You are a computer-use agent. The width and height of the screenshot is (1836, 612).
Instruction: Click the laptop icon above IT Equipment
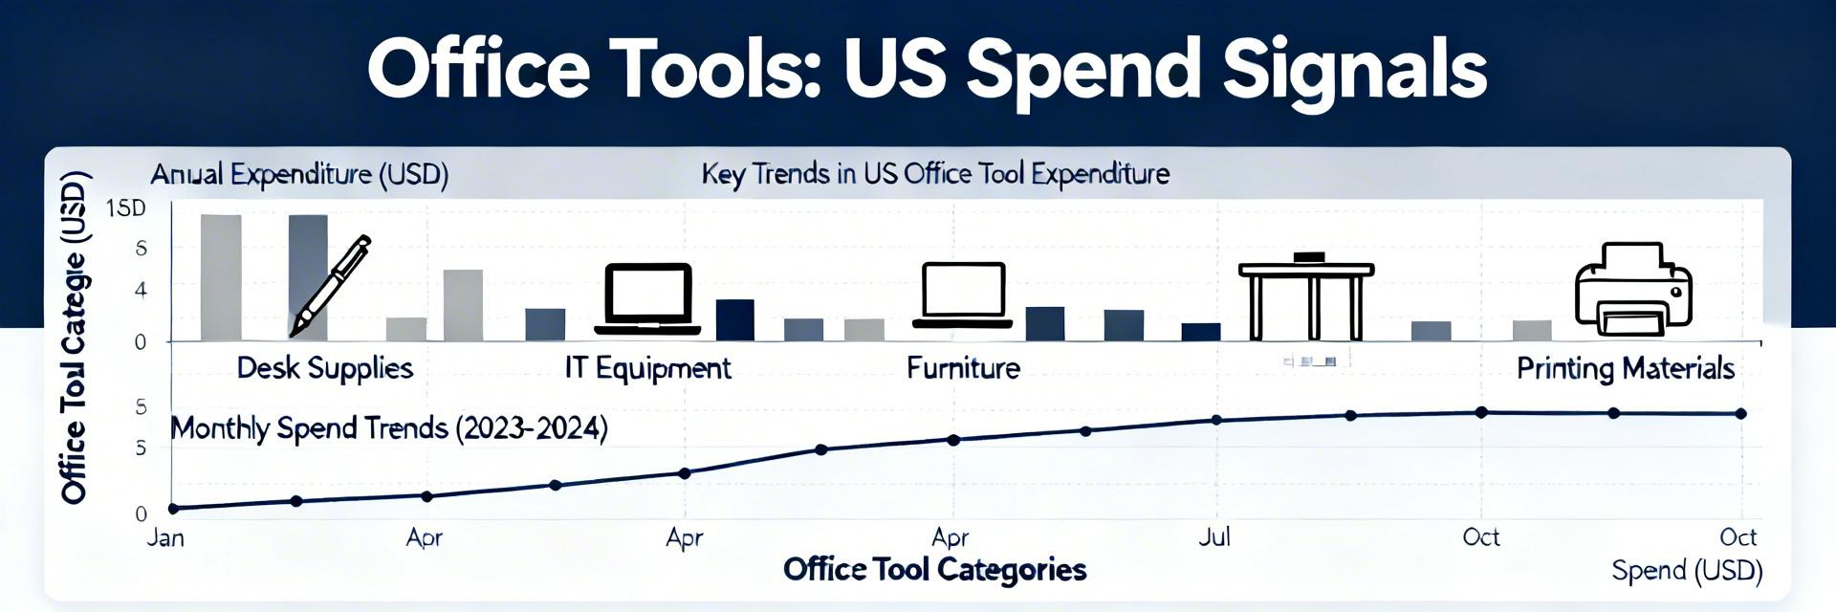(x=647, y=298)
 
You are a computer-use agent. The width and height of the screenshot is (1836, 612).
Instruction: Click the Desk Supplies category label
(x=324, y=368)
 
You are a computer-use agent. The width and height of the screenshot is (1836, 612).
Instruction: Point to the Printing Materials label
(x=1625, y=368)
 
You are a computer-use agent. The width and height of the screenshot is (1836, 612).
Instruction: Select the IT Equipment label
(x=647, y=368)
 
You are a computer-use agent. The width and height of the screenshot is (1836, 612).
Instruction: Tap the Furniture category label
(x=963, y=368)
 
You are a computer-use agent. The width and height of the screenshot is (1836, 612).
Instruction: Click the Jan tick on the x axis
(x=165, y=537)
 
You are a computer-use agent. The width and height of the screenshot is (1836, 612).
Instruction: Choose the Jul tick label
(x=1214, y=536)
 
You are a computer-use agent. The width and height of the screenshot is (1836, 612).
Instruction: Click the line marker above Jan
(x=173, y=509)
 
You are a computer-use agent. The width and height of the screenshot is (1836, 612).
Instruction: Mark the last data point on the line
(x=1741, y=414)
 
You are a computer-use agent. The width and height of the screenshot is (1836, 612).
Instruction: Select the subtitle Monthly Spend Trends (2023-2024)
(x=388, y=427)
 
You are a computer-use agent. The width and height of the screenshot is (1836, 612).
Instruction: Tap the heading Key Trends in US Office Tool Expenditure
(x=935, y=174)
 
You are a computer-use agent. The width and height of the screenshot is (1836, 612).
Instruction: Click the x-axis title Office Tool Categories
(x=934, y=570)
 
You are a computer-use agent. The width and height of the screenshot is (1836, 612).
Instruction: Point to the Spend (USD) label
(x=1687, y=571)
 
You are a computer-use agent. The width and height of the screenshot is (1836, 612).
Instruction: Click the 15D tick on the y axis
(x=126, y=208)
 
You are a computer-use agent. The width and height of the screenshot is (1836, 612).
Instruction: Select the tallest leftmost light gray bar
(x=221, y=277)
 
